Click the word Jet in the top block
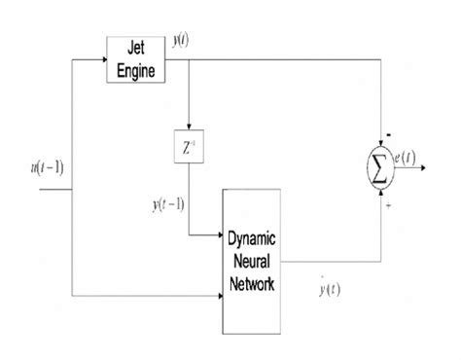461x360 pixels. [x=137, y=49]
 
